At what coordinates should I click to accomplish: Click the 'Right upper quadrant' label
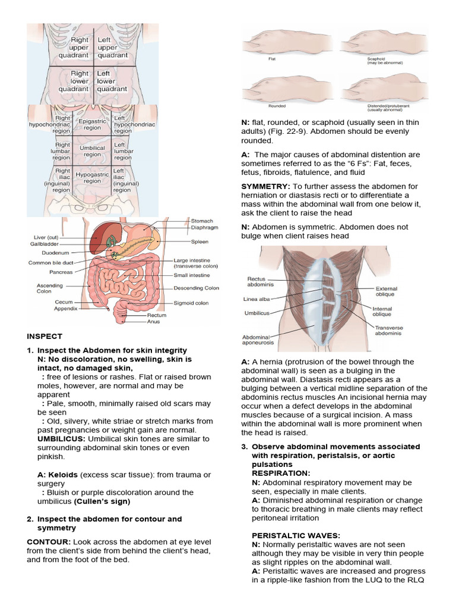tap(73, 48)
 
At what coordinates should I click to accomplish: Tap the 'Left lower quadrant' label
tap(112, 81)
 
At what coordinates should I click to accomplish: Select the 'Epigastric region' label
tap(92, 124)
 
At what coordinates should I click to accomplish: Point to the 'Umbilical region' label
tap(92, 150)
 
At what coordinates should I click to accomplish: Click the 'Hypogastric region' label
tap(92, 178)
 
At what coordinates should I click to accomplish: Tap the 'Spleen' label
tap(199, 242)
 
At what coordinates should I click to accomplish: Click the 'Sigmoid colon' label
tap(191, 303)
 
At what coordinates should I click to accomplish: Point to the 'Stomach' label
tap(201, 221)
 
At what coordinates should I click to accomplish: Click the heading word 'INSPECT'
tap(45, 337)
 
